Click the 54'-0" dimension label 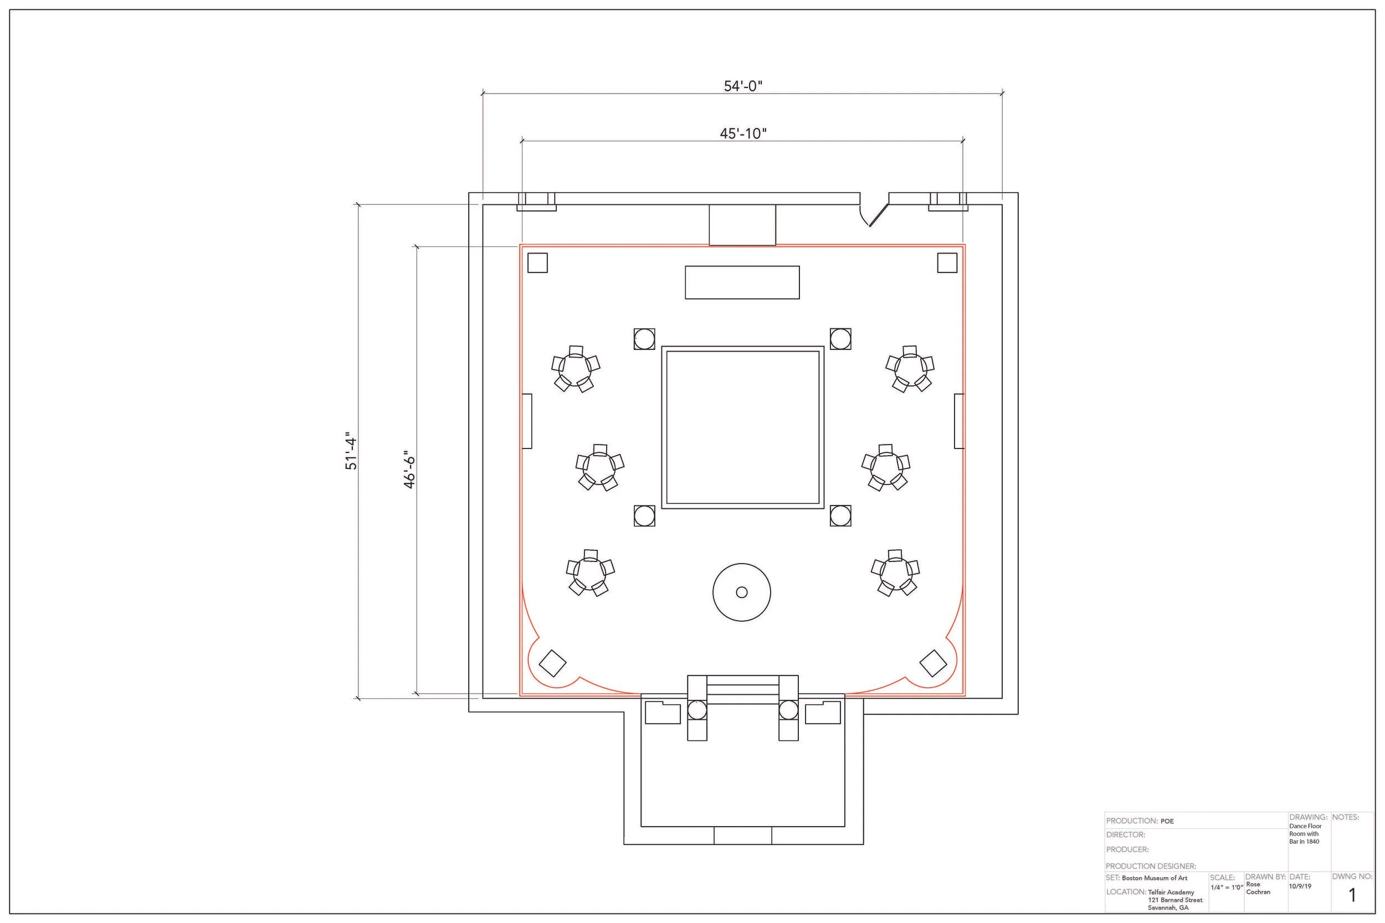coord(742,86)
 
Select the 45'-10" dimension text coord(743,133)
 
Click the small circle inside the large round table coord(742,592)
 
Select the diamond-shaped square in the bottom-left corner coord(552,663)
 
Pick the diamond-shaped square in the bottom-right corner coord(933,663)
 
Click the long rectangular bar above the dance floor coord(742,282)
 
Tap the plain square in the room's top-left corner coord(537,262)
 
